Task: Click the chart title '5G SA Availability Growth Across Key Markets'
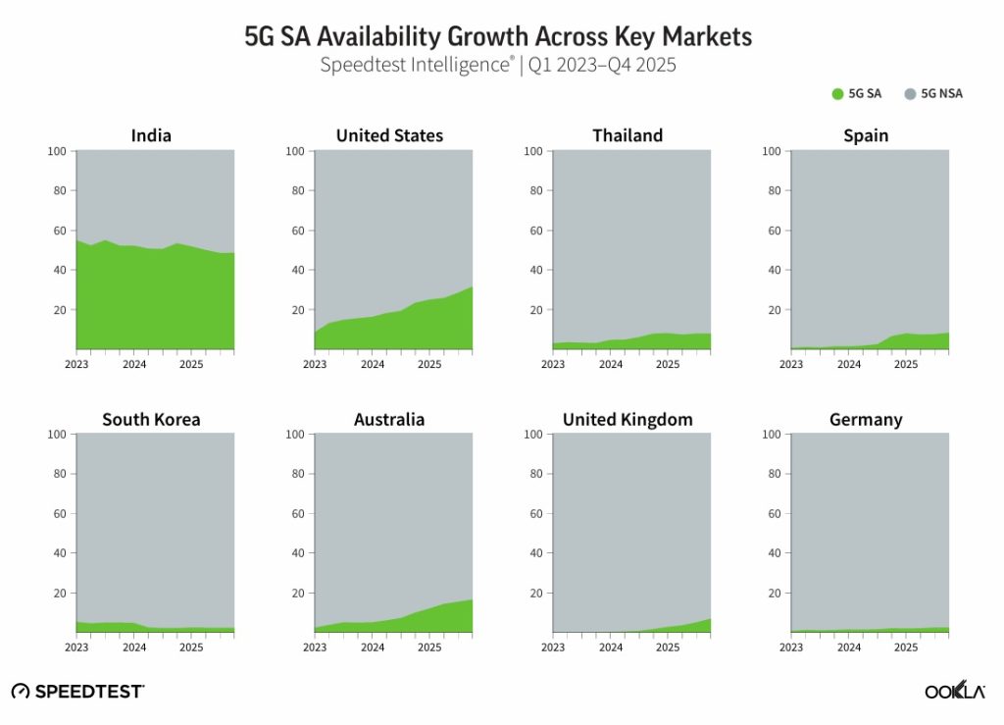point(498,37)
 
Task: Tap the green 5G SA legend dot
point(837,94)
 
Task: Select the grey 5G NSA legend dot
point(910,94)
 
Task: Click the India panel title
point(151,135)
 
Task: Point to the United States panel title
point(389,135)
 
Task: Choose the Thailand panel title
point(627,135)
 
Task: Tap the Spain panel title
point(866,135)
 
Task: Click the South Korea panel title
point(151,420)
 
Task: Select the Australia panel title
point(389,420)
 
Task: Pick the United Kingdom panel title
point(627,420)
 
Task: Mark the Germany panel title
point(866,420)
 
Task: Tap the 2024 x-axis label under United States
point(373,364)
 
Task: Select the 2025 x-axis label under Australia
point(429,647)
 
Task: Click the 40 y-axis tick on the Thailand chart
point(536,270)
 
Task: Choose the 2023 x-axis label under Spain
point(791,364)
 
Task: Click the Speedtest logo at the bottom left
point(77,692)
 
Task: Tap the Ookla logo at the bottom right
point(954,691)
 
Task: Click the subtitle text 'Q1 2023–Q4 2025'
point(602,66)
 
